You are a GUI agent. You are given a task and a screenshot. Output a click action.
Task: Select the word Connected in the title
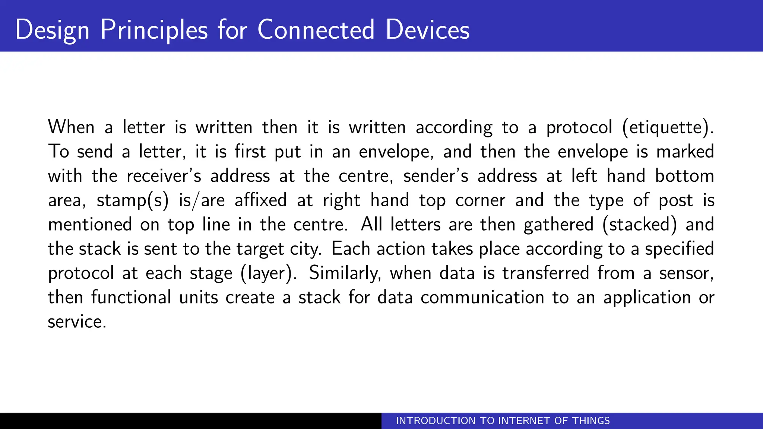(x=316, y=30)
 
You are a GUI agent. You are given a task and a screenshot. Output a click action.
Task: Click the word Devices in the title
(x=427, y=30)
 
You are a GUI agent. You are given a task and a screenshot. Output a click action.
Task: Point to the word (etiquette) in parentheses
(x=668, y=128)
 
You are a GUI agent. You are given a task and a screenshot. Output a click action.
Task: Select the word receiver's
(x=164, y=176)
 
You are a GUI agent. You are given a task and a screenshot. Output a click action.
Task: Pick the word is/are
(x=202, y=200)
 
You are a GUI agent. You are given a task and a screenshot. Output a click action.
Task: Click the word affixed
(x=261, y=200)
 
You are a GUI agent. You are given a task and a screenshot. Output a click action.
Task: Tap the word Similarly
(x=345, y=273)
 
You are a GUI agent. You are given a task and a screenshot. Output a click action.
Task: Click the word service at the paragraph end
(x=76, y=322)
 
